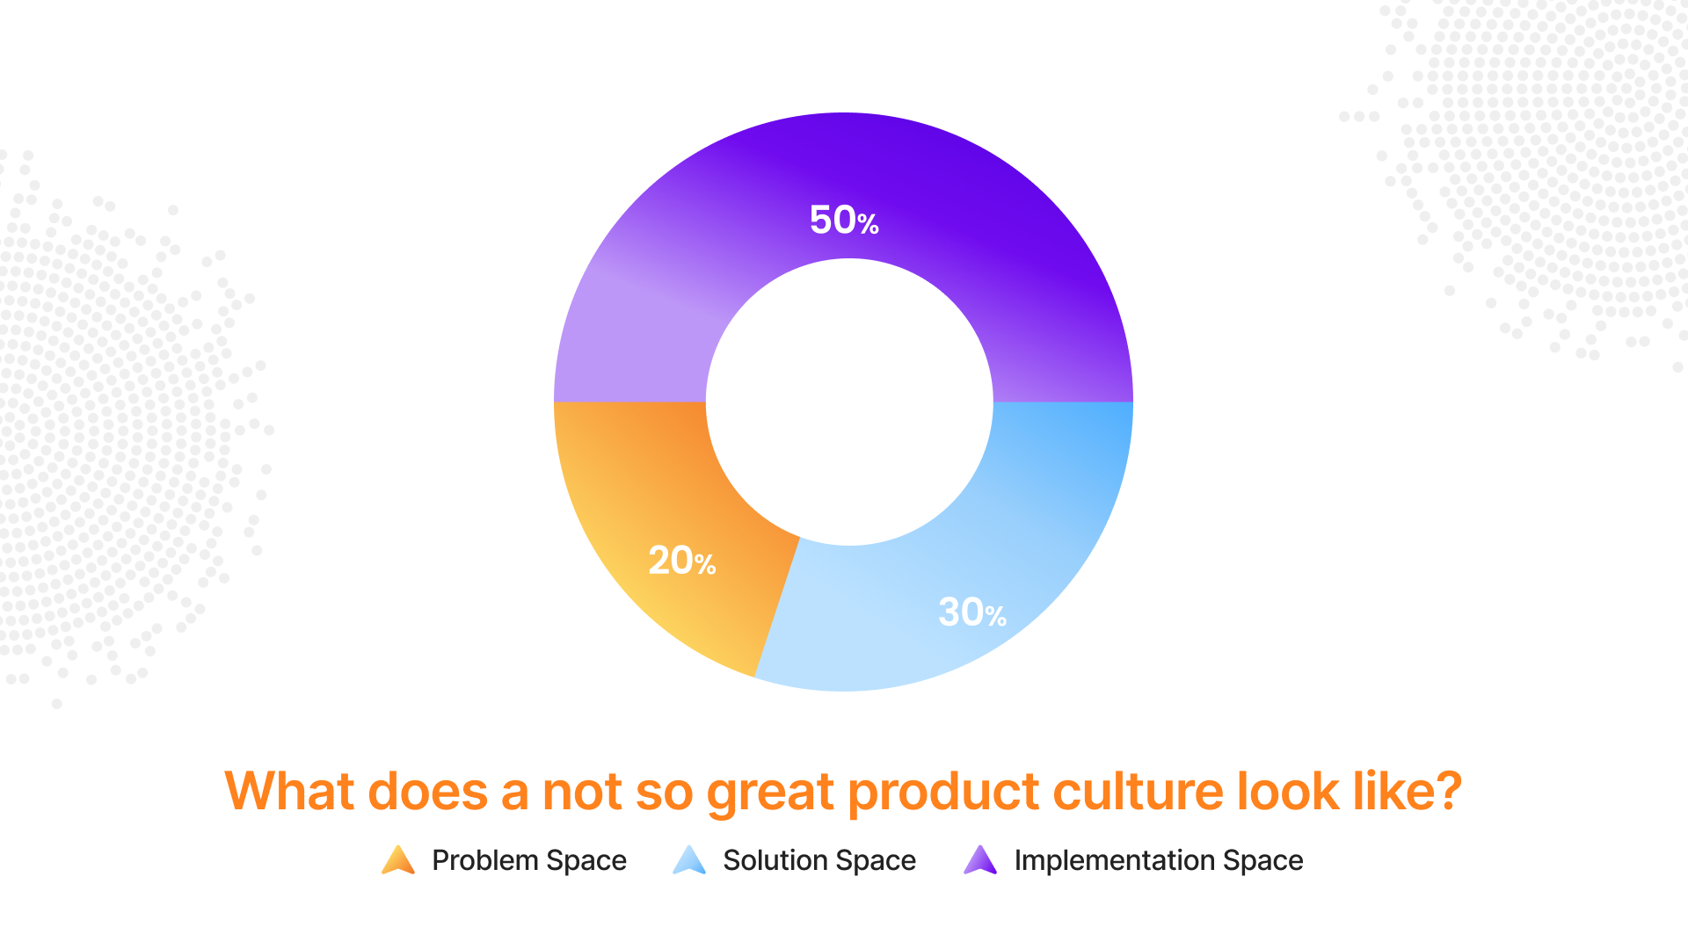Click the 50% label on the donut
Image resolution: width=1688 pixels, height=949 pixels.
point(844,220)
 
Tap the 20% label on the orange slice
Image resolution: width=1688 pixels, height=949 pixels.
point(682,561)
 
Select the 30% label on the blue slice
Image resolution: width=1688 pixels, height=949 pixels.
point(972,612)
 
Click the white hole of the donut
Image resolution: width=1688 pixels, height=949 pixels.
point(849,402)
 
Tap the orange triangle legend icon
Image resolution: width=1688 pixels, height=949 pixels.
point(398,860)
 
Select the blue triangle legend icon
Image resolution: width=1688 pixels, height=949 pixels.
point(689,860)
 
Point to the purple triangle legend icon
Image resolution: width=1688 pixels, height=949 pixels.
point(980,860)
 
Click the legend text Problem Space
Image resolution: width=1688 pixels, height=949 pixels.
point(529,860)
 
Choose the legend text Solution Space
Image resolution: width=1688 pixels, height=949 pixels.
point(819,860)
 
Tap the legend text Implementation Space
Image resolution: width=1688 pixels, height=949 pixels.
point(1159,860)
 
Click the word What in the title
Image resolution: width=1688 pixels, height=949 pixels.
point(289,791)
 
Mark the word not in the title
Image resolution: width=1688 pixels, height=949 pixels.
point(582,792)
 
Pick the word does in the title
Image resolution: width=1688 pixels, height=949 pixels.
point(427,791)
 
